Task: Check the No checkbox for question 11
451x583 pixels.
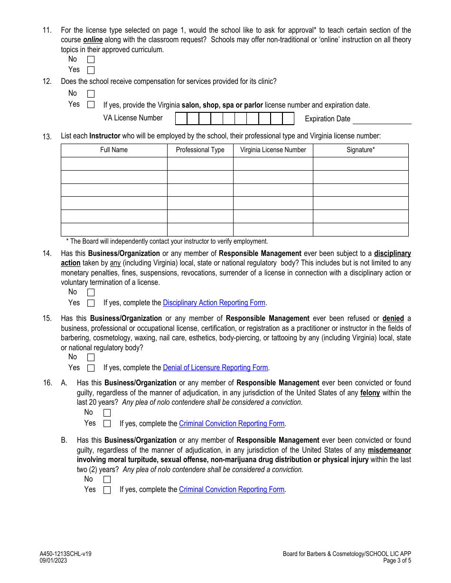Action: click(x=91, y=60)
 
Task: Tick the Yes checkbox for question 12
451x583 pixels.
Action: click(x=91, y=105)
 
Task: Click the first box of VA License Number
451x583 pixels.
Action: click(x=181, y=118)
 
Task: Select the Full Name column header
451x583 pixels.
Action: click(x=114, y=150)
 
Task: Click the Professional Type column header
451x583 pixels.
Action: click(x=200, y=150)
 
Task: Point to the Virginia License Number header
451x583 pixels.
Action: click(x=273, y=150)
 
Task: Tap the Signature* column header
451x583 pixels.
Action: click(x=360, y=150)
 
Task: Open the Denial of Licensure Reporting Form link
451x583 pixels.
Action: click(x=216, y=368)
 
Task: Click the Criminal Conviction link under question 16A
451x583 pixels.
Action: click(x=231, y=424)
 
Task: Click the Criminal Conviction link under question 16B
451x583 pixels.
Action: click(x=231, y=490)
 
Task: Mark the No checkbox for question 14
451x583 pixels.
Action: click(x=91, y=292)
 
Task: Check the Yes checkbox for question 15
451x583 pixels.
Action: click(x=91, y=368)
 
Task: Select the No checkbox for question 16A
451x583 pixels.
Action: click(x=107, y=413)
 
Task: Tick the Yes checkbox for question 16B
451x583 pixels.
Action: click(x=107, y=490)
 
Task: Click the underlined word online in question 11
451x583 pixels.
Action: click(x=93, y=40)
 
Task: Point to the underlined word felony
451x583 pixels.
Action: click(x=370, y=393)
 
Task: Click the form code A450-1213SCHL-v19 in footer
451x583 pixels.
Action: click(x=66, y=554)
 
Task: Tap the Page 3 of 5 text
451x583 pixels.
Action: click(x=397, y=560)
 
